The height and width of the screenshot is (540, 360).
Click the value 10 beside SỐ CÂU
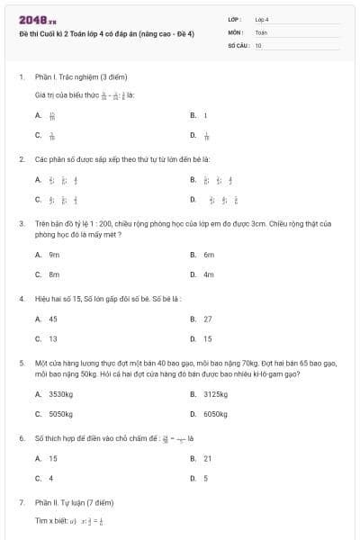(x=258, y=44)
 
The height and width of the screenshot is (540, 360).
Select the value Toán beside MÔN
(x=261, y=31)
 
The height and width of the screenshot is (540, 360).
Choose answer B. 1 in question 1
(x=205, y=115)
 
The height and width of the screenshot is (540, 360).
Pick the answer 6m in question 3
(x=209, y=255)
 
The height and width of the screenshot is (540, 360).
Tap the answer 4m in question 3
(x=209, y=274)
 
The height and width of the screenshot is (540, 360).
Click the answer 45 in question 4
(x=53, y=319)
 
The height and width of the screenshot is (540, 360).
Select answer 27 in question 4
(x=208, y=319)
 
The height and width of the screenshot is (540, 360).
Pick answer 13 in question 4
(x=53, y=338)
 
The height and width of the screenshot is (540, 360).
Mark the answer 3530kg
(x=60, y=394)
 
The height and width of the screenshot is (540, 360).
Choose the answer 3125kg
(x=215, y=394)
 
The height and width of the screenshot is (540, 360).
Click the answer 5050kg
(x=60, y=414)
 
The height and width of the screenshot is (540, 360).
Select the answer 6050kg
(x=215, y=414)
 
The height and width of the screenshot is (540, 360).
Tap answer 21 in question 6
(x=207, y=458)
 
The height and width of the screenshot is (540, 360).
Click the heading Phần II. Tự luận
(x=72, y=501)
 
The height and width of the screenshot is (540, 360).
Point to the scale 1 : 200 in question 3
(x=98, y=222)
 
